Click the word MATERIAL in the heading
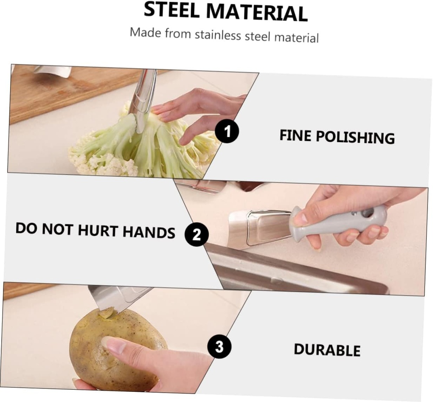click(257, 12)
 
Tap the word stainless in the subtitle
click(218, 35)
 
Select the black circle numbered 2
click(196, 234)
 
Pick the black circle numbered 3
click(219, 347)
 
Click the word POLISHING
click(355, 137)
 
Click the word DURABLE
click(327, 350)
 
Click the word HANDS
click(148, 231)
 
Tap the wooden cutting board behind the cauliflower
click(69, 91)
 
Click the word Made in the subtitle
click(145, 32)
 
